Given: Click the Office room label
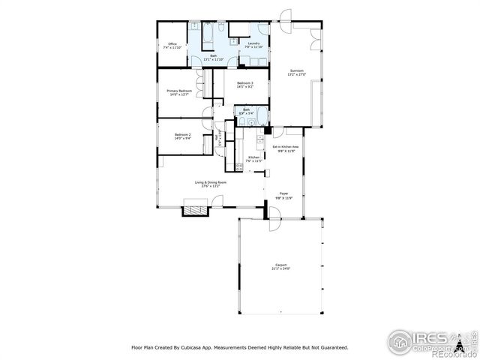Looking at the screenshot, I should tap(172, 44).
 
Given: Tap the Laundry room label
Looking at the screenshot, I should tap(253, 44).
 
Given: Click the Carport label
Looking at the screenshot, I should tap(281, 266).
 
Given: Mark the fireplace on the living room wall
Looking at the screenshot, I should tap(193, 211).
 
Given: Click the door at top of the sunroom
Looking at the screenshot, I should tap(285, 16).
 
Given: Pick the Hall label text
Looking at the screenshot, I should tap(218, 137).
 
